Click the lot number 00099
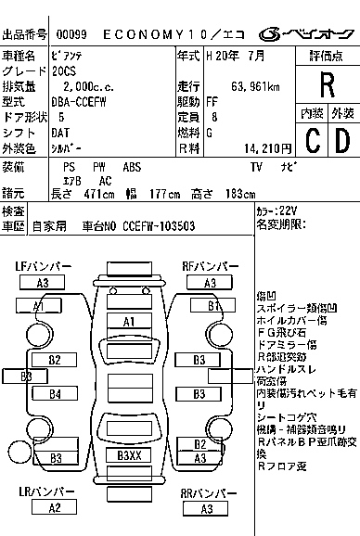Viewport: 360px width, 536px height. click(72, 33)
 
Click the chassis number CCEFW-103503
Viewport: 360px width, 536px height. click(159, 224)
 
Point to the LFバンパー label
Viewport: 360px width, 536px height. click(43, 266)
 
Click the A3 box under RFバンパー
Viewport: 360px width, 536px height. click(210, 282)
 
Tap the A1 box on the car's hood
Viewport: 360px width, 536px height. click(130, 321)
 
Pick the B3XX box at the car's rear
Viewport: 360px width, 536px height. click(129, 455)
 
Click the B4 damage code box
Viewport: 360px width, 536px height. click(55, 393)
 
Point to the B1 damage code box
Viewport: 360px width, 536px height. click(213, 305)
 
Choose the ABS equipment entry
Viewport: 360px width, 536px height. click(132, 167)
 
